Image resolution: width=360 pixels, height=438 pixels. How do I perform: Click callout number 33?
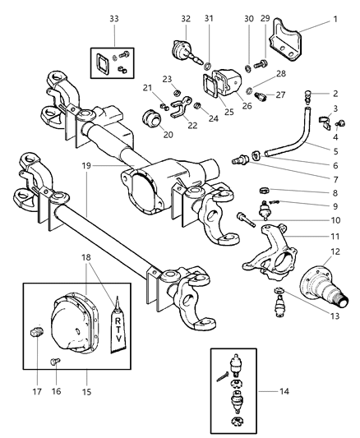coord(113,17)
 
